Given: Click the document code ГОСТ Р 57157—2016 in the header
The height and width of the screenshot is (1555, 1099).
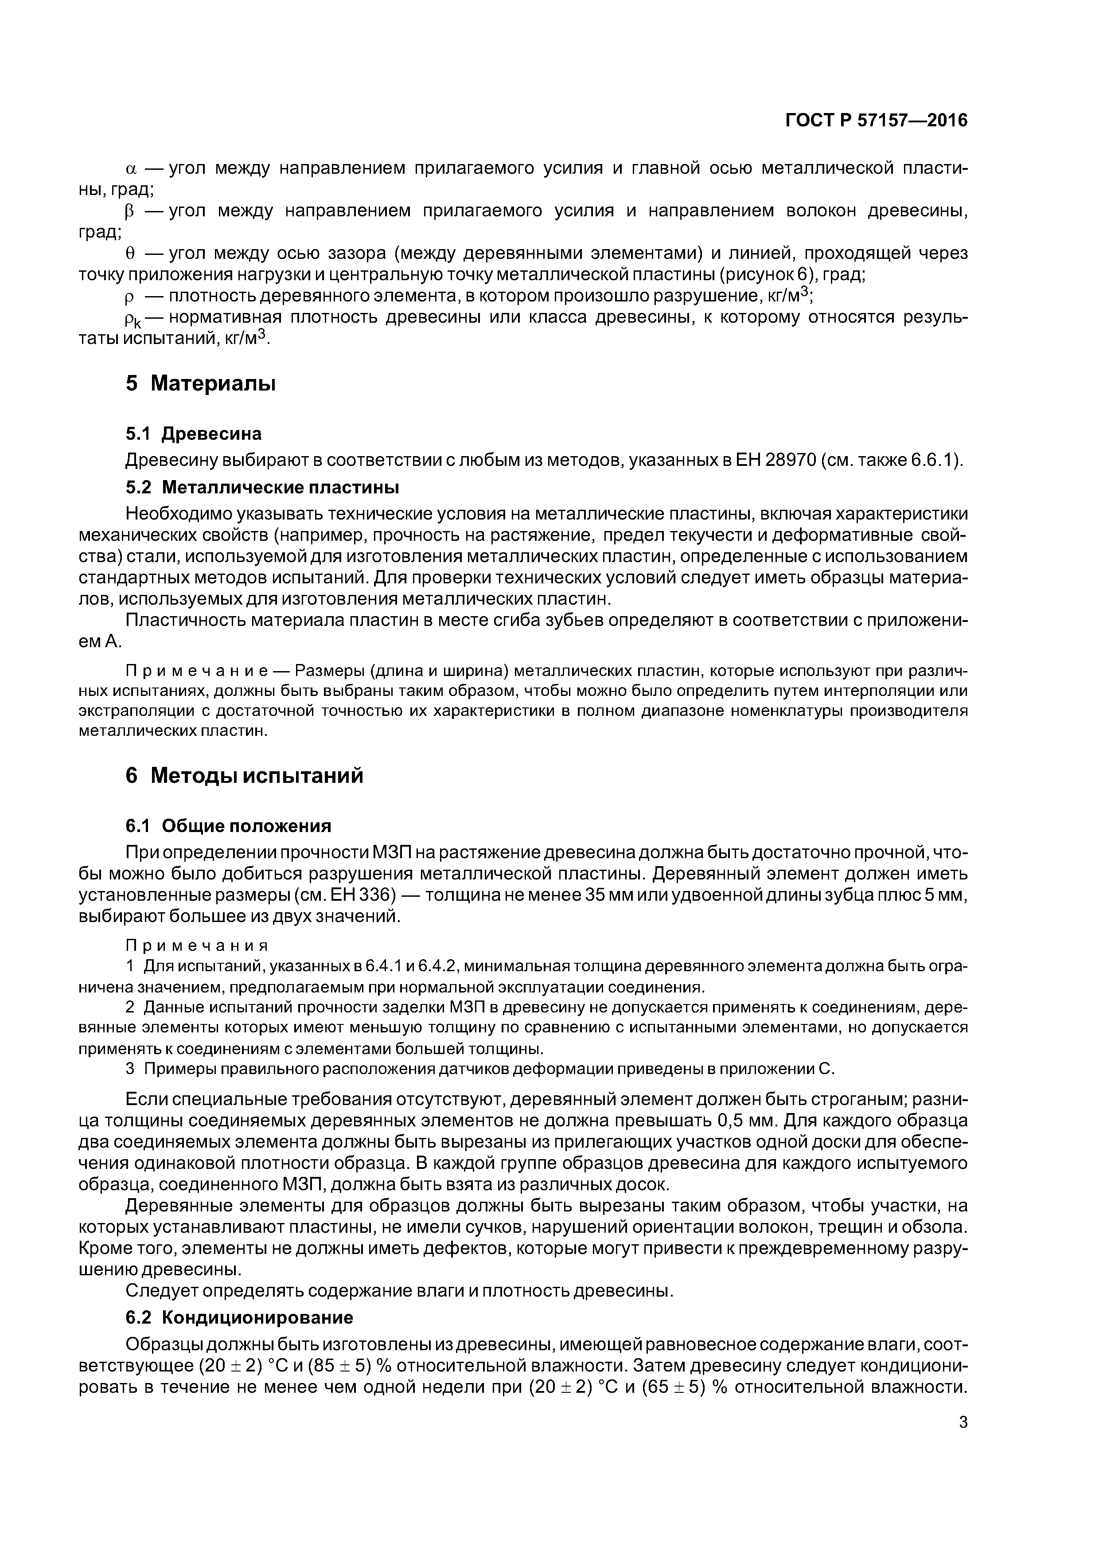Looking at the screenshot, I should pos(876,121).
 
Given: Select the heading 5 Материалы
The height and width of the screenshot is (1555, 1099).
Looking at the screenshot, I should pos(200,383).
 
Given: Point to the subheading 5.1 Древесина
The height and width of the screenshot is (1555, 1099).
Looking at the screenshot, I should pos(194,434).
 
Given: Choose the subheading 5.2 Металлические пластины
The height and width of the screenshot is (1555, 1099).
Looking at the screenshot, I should pos(262,488).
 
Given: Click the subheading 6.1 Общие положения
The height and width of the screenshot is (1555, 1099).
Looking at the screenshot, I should pos(228,826).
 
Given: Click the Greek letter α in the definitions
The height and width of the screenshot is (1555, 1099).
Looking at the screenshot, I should pos(132,168).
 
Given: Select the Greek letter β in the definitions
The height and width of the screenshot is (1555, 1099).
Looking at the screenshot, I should pos(131,211).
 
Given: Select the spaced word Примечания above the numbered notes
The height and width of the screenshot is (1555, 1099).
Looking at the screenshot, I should pos(197,946).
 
